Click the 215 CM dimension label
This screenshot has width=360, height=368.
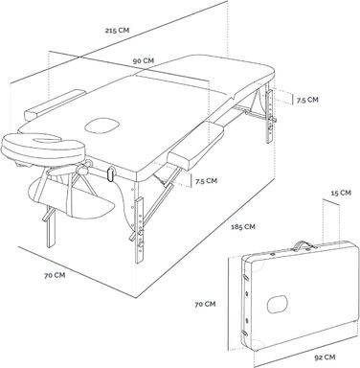pos(118,31)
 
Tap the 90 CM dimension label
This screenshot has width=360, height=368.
pos(144,60)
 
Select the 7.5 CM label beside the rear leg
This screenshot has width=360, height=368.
pos(307,100)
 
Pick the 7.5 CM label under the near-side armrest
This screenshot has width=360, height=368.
pos(206,181)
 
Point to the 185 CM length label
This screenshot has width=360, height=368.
pos(243,227)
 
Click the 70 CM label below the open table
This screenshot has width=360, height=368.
pos(55,275)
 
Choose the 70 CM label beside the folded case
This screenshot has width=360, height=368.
pos(205,304)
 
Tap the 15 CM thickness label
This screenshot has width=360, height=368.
pos(341,193)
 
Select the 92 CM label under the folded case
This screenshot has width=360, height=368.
pos(325,357)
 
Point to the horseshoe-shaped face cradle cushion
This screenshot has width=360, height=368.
pos(43,146)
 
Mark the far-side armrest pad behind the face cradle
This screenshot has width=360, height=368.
pos(55,104)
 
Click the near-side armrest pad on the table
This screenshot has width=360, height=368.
pos(195,146)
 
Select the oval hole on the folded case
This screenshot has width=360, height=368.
pos(277,304)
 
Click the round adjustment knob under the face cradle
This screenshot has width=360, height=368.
pos(83,169)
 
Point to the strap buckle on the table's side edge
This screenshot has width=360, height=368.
pos(111,174)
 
